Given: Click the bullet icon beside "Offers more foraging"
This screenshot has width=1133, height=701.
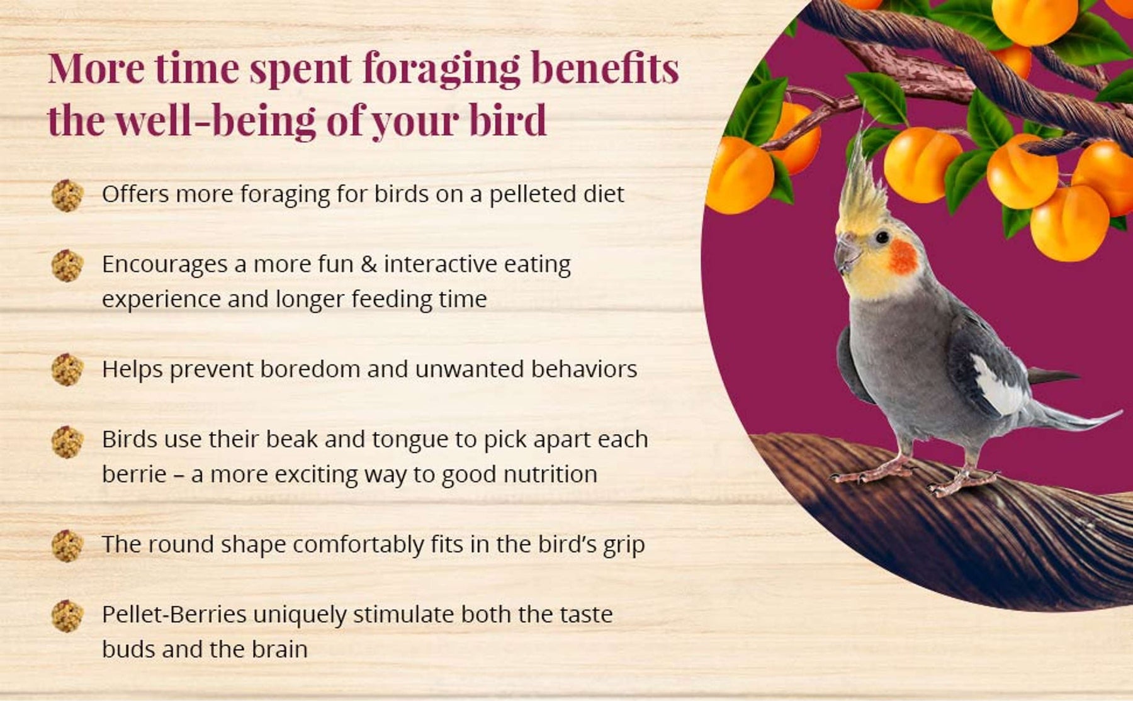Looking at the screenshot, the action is coord(67,196).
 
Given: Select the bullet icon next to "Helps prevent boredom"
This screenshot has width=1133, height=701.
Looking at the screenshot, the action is coord(67,370).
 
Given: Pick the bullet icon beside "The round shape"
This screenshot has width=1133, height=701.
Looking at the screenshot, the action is coord(67,546).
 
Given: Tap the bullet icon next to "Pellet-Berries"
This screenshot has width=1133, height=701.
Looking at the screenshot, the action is coord(67,615).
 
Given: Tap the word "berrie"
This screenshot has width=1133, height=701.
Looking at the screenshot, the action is coord(133,474).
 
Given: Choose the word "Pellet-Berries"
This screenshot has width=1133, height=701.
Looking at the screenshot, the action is coord(174,614).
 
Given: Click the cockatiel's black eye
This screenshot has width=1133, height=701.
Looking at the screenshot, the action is coord(882,237).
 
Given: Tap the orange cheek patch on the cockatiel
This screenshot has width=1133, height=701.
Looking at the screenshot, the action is coord(903,257).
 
